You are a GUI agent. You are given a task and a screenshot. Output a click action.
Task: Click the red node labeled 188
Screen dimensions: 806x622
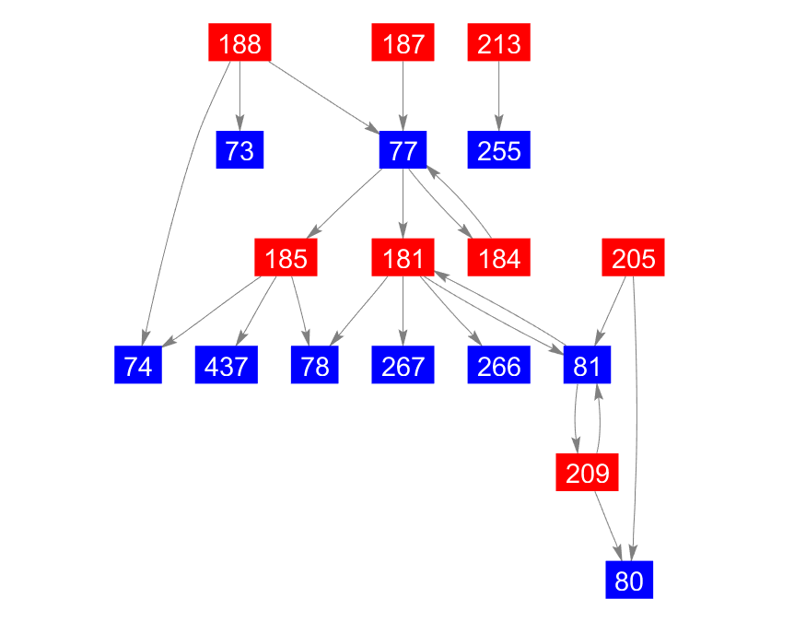click(x=239, y=42)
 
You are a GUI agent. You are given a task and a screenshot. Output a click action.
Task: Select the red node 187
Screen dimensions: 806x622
click(x=403, y=42)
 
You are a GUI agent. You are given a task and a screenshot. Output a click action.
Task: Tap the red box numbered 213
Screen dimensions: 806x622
click(x=498, y=42)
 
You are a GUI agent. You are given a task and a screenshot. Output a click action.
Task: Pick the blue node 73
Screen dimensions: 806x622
click(x=239, y=149)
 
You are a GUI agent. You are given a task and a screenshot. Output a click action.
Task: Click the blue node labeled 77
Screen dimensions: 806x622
click(x=403, y=149)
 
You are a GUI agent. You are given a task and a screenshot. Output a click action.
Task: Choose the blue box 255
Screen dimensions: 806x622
click(x=498, y=149)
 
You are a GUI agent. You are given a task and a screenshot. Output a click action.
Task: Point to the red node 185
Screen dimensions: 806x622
click(x=286, y=257)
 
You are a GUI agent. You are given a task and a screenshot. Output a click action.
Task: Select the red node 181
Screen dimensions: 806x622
click(x=403, y=257)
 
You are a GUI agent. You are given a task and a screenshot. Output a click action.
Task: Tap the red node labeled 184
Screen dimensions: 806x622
click(x=498, y=257)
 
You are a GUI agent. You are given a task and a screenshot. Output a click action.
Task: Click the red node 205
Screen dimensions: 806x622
click(x=634, y=257)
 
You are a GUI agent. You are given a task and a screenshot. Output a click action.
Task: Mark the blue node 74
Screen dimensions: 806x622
click(x=138, y=365)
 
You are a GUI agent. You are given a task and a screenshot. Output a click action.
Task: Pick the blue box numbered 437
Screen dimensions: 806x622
click(x=227, y=365)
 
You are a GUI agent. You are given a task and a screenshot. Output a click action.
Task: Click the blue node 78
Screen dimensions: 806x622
click(x=315, y=365)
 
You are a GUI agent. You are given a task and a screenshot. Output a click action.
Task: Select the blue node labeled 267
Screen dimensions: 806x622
click(x=403, y=365)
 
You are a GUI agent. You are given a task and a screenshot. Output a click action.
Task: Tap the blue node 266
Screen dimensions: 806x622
click(x=498, y=365)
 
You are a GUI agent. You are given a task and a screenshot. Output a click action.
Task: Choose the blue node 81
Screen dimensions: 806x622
click(x=587, y=365)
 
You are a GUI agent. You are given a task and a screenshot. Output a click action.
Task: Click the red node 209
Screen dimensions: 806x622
click(x=587, y=472)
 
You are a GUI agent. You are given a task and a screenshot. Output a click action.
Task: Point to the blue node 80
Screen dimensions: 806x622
click(x=629, y=580)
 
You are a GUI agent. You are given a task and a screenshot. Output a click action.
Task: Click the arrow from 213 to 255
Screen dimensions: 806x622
click(x=498, y=96)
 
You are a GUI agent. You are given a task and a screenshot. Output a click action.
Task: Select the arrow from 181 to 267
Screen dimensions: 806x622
click(x=403, y=311)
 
